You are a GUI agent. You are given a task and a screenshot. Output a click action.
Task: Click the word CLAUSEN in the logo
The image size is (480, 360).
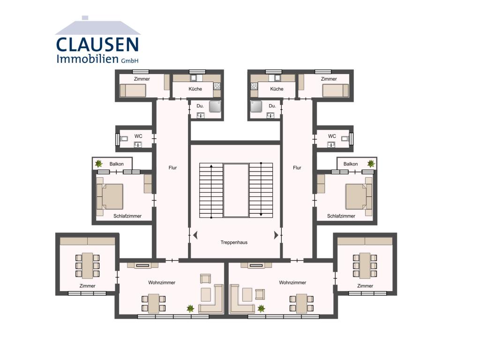pos(97,45)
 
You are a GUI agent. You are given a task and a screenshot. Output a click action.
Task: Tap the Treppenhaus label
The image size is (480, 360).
pos(234,242)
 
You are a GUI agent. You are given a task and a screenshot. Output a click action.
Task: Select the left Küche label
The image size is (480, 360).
pos(195,89)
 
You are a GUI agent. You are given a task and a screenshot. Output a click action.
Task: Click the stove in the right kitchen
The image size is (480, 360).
pos(254,86)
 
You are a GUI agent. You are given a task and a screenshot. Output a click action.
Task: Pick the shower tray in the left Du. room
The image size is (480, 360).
pos(215,106)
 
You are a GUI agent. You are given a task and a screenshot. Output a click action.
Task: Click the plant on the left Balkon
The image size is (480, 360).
pos(98,164)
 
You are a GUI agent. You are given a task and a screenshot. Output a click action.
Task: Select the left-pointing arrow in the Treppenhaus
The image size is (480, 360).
pos(195,235)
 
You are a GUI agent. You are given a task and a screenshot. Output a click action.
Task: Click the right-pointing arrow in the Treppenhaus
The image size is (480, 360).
pos(276,235)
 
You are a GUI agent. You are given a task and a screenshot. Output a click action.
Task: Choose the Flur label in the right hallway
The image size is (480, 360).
pos(297,168)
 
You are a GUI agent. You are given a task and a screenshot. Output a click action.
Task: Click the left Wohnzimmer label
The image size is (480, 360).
pos(162,283)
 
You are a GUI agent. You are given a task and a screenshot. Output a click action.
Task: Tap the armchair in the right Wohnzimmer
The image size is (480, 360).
pos(260,294)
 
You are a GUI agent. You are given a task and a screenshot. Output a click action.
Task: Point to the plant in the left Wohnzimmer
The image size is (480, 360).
pos(190,308)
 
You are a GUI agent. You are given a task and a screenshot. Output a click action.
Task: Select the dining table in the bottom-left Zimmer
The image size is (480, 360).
pos(88,265)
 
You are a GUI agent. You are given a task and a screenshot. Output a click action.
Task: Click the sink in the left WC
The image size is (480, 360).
pos(138,144)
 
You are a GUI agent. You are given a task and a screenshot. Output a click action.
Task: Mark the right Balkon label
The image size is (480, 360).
pos(351,164)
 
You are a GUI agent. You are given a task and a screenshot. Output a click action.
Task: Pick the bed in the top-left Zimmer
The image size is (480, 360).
pos(133,90)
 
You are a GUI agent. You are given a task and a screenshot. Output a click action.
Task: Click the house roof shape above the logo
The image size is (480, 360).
pos(97,26)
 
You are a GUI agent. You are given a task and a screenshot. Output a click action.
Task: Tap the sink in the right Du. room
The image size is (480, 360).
pos(270,115)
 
